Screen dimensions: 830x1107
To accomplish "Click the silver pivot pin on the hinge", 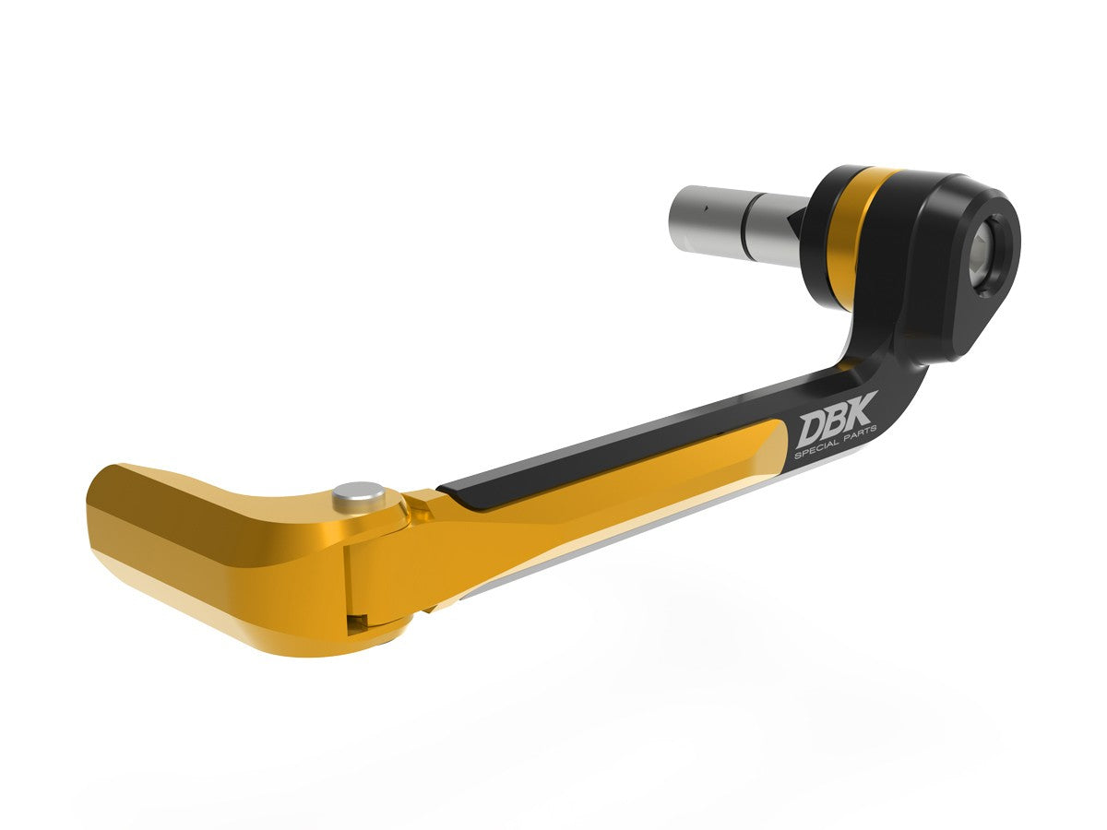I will click(x=360, y=496).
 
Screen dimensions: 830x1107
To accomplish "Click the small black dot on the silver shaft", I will click(x=702, y=208).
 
